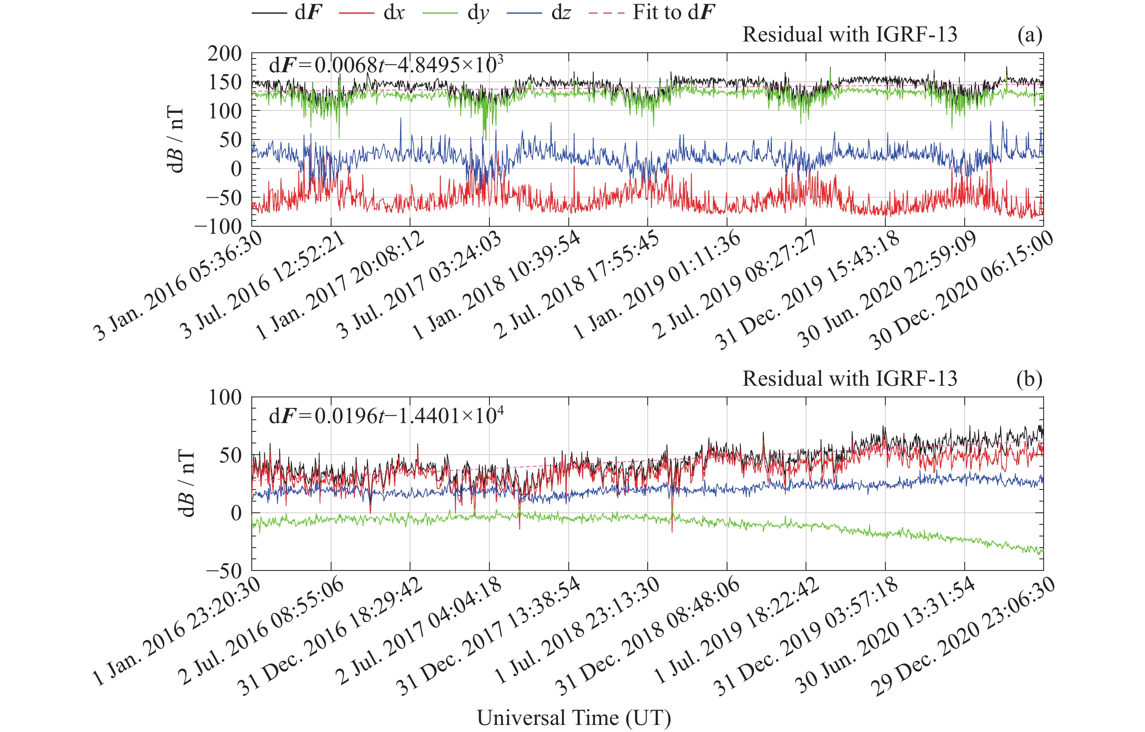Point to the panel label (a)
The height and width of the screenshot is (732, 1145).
coord(1030,35)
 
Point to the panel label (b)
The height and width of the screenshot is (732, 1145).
coord(1030,379)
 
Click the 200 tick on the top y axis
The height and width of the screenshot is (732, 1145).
coord(224,54)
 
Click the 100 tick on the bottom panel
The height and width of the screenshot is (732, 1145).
coord(224,397)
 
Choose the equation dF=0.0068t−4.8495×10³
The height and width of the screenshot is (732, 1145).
coord(386,65)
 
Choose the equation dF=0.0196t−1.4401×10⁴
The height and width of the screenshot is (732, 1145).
coord(386,416)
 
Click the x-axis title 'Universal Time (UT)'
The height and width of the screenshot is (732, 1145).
coord(573,717)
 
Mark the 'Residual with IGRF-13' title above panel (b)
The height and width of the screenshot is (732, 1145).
coord(849,379)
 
